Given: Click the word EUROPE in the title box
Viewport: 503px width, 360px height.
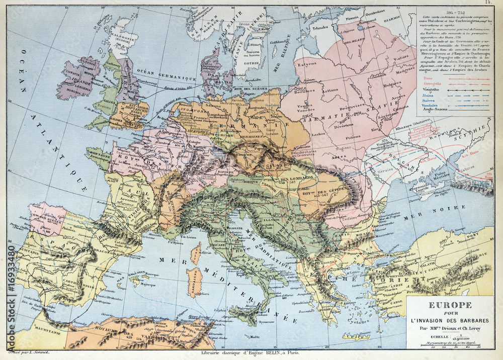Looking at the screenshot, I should click(450, 305).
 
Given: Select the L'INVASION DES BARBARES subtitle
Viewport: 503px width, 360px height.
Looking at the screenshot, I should click(450, 321).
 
